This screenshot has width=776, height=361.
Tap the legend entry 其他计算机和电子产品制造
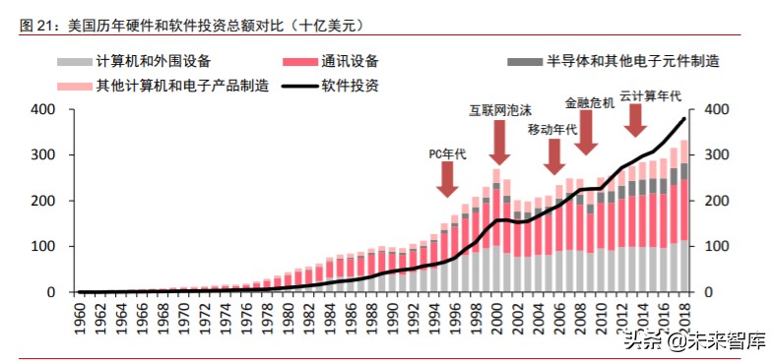point(182,86)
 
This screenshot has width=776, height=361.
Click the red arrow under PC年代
point(447,178)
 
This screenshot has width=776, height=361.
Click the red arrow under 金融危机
point(587,133)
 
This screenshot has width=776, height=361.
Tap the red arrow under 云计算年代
point(636,120)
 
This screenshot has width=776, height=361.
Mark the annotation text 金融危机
point(589,101)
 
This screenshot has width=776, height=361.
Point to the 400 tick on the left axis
point(42,109)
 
